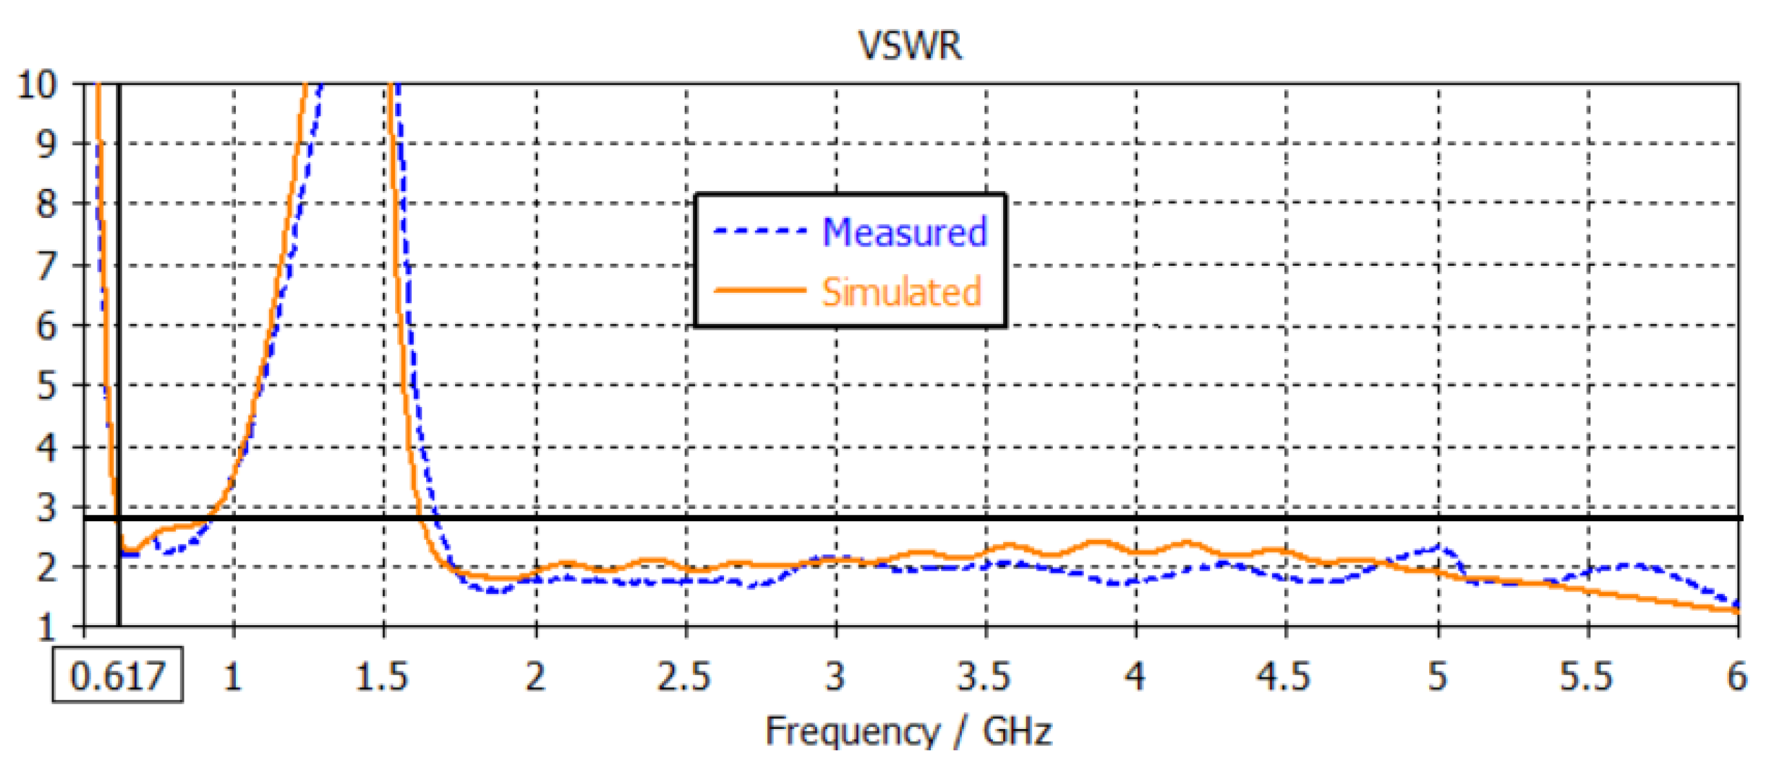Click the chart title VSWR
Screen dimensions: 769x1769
(x=910, y=46)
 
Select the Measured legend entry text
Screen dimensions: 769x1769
(x=904, y=232)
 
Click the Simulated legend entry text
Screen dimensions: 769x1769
(x=901, y=292)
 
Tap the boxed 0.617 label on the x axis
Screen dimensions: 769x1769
(x=117, y=676)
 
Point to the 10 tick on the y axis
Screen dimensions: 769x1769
(x=36, y=85)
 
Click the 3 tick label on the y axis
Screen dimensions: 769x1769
(x=46, y=509)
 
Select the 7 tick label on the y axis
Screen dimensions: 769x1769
(x=46, y=266)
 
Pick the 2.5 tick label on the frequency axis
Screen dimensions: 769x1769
(x=684, y=677)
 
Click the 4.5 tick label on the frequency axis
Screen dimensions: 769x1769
(x=1284, y=677)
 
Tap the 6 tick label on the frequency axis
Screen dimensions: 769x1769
(x=1737, y=677)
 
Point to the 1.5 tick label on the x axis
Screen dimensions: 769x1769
(x=382, y=677)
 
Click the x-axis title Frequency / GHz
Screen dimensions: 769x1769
(x=908, y=731)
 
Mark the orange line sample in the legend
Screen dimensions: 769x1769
(x=759, y=291)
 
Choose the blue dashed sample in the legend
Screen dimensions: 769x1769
(x=759, y=231)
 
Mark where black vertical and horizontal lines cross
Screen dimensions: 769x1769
(x=119, y=518)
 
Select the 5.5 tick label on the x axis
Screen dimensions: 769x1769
(x=1586, y=677)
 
